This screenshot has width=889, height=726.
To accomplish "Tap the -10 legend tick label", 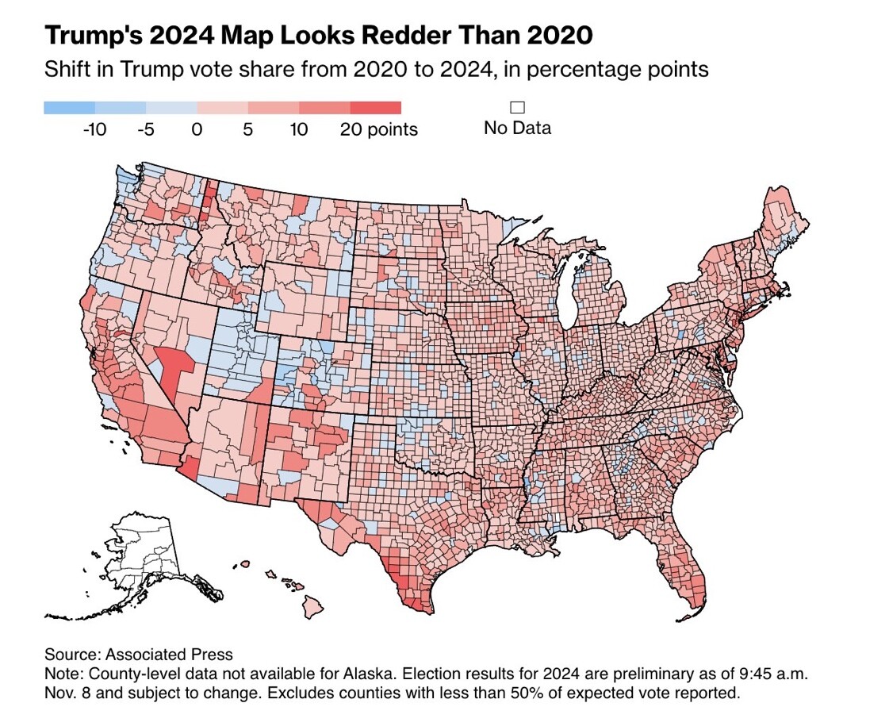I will click(94, 129).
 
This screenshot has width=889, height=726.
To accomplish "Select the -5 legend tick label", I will click(145, 129).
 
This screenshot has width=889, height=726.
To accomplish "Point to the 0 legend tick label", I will click(197, 129).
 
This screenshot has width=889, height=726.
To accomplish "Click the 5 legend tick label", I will click(247, 129).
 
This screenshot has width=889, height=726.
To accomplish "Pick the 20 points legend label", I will click(379, 129).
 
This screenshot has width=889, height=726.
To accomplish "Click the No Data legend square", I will click(518, 107).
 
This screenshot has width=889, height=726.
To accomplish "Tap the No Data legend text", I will click(517, 127).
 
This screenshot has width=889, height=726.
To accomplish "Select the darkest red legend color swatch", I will click(375, 108).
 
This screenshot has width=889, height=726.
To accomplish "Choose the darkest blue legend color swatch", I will click(69, 108).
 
